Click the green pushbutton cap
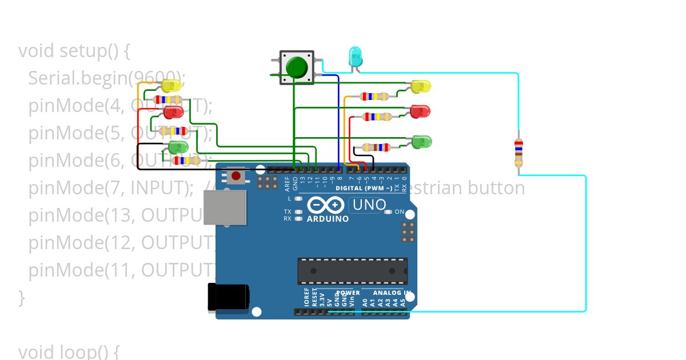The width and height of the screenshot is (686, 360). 297,67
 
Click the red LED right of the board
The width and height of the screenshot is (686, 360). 420,111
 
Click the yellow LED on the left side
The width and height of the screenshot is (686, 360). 171,86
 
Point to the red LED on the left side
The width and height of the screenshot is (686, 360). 173,111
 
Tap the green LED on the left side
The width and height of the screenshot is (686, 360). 178,147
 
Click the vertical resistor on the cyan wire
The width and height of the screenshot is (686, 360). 519,152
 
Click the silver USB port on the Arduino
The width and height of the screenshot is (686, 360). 225,207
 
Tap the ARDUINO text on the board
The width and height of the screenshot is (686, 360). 328,219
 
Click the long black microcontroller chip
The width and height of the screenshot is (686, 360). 352,271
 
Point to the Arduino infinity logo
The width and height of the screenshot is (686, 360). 326,205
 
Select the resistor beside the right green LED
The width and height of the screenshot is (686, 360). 376,147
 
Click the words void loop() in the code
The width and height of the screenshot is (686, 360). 69,351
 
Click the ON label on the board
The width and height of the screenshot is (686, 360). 400,212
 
